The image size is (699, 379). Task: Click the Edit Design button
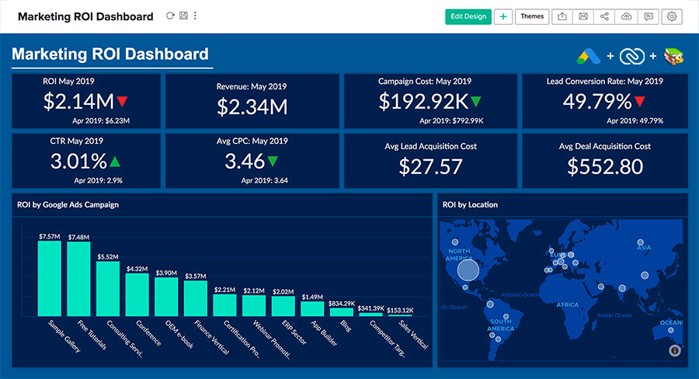468,16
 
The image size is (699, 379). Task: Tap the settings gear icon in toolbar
672,16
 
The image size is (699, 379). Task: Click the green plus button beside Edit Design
503,16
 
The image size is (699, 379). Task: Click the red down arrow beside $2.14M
123,102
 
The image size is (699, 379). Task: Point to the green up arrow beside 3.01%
115,162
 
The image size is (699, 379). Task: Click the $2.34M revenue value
252,107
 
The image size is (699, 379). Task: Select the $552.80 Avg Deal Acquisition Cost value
605,166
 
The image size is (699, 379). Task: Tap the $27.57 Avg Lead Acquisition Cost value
430,166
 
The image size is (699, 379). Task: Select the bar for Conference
137,294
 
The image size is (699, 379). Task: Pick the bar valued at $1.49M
312,308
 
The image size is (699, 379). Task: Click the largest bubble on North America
468,270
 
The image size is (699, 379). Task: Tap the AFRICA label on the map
568,305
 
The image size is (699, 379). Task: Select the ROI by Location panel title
470,205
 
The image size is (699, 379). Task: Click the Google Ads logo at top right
590,56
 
